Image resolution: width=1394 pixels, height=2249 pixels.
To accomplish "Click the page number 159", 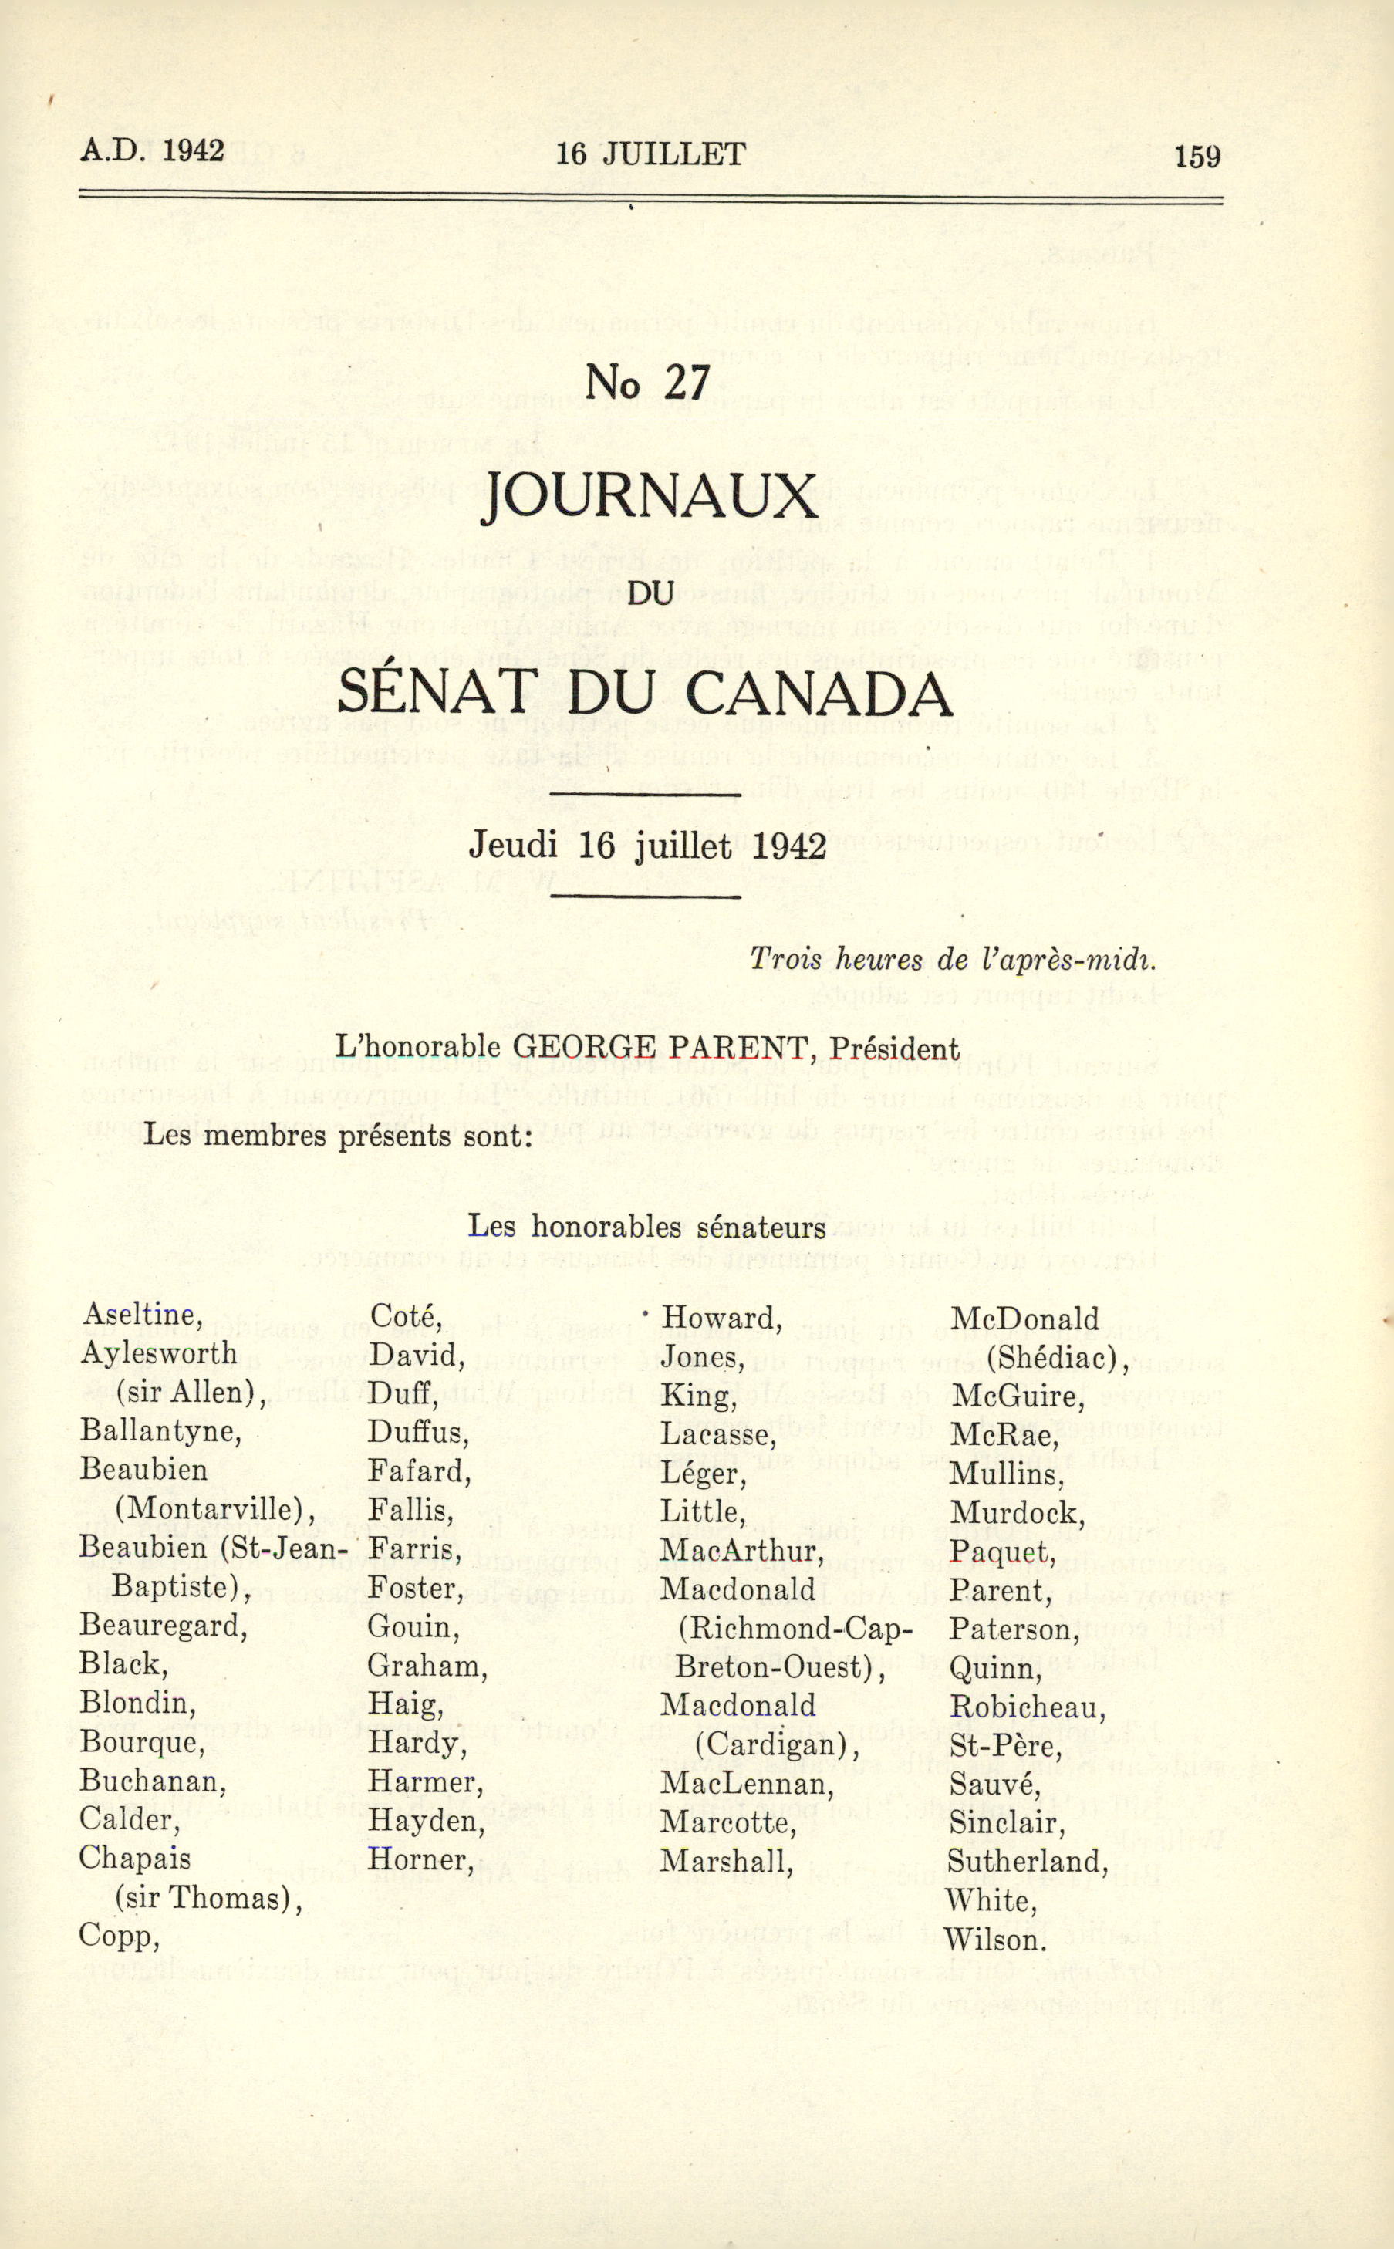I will coord(1197,157).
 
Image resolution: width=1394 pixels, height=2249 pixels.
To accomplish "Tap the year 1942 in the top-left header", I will coord(193,151).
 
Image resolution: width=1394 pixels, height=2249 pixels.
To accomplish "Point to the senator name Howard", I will coord(721,1319).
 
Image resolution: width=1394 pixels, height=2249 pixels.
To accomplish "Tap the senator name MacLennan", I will coord(747,1785).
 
